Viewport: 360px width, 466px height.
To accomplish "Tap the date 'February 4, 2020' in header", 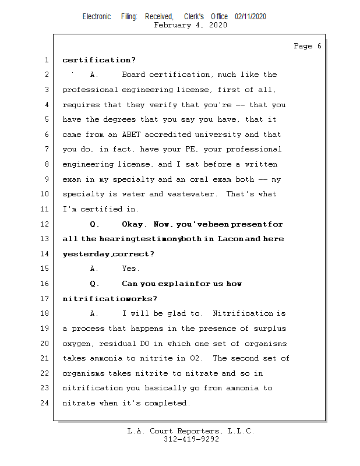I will (x=190, y=25).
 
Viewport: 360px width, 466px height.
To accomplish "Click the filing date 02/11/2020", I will (x=250, y=16).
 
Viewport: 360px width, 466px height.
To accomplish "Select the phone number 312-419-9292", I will (x=191, y=439).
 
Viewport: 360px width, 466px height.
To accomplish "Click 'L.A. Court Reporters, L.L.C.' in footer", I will (x=190, y=431).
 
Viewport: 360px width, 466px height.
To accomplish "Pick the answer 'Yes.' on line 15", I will (x=130, y=269).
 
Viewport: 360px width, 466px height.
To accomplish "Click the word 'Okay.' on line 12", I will (x=135, y=224).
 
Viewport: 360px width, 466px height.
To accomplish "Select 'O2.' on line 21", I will (x=198, y=358).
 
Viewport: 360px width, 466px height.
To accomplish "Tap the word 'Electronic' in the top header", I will (x=97, y=16).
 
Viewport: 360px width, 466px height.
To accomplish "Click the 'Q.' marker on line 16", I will (x=95, y=284).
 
